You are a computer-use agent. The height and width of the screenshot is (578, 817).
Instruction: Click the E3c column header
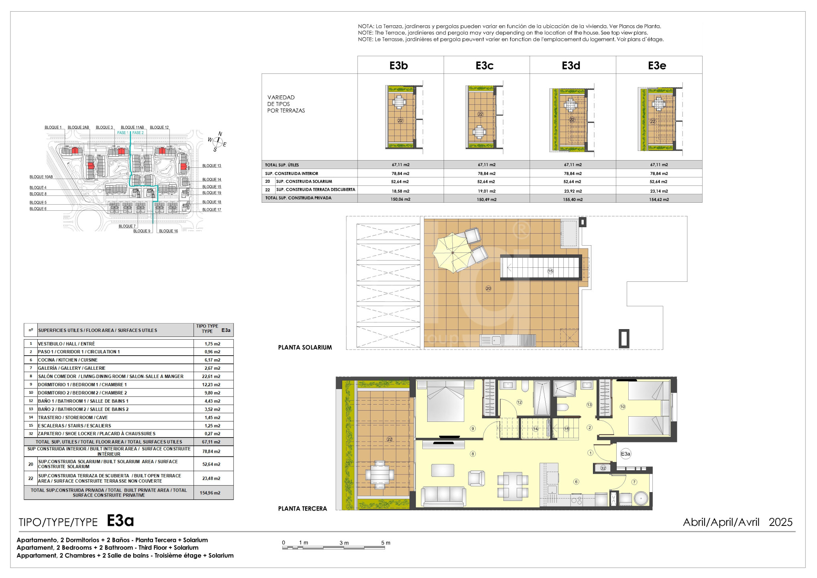click(x=485, y=65)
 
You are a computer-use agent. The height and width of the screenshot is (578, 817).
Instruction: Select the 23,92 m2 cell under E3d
click(x=573, y=191)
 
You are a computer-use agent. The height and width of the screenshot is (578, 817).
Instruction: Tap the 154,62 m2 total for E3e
click(x=659, y=199)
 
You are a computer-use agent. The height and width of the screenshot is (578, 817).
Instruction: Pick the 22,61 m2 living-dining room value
click(x=211, y=377)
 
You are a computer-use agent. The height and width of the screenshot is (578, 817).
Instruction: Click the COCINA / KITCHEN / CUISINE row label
click(x=68, y=360)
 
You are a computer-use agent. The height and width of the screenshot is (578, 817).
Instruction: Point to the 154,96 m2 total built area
click(x=210, y=493)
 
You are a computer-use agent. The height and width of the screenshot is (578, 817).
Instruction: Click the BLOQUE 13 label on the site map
click(x=212, y=166)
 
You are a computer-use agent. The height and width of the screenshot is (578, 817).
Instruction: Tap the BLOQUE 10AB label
click(x=41, y=177)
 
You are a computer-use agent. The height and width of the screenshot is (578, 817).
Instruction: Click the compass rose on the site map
click(x=217, y=141)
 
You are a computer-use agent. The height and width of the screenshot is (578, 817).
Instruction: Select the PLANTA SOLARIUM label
click(x=305, y=348)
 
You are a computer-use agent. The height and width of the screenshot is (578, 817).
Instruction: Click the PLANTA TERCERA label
click(x=303, y=509)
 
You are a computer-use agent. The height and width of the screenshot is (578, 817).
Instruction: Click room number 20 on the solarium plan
click(x=488, y=288)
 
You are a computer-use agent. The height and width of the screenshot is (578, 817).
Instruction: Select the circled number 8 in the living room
click(x=473, y=454)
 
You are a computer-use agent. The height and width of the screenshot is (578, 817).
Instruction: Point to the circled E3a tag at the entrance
click(x=625, y=454)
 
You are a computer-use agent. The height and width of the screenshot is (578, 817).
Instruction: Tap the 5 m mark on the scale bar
click(x=385, y=543)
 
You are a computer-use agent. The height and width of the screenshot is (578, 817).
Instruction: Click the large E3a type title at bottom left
click(x=120, y=521)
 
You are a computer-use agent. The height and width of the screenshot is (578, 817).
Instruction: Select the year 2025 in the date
click(x=780, y=522)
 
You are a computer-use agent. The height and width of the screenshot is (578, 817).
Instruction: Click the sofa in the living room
click(x=443, y=496)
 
